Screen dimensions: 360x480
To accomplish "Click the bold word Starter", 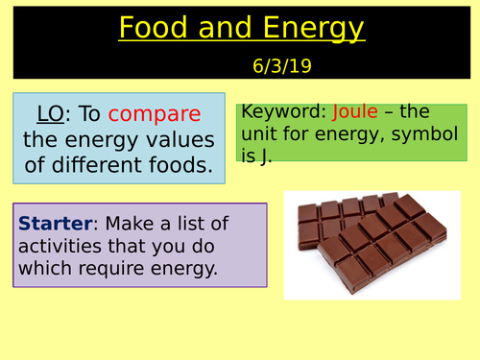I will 55,224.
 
